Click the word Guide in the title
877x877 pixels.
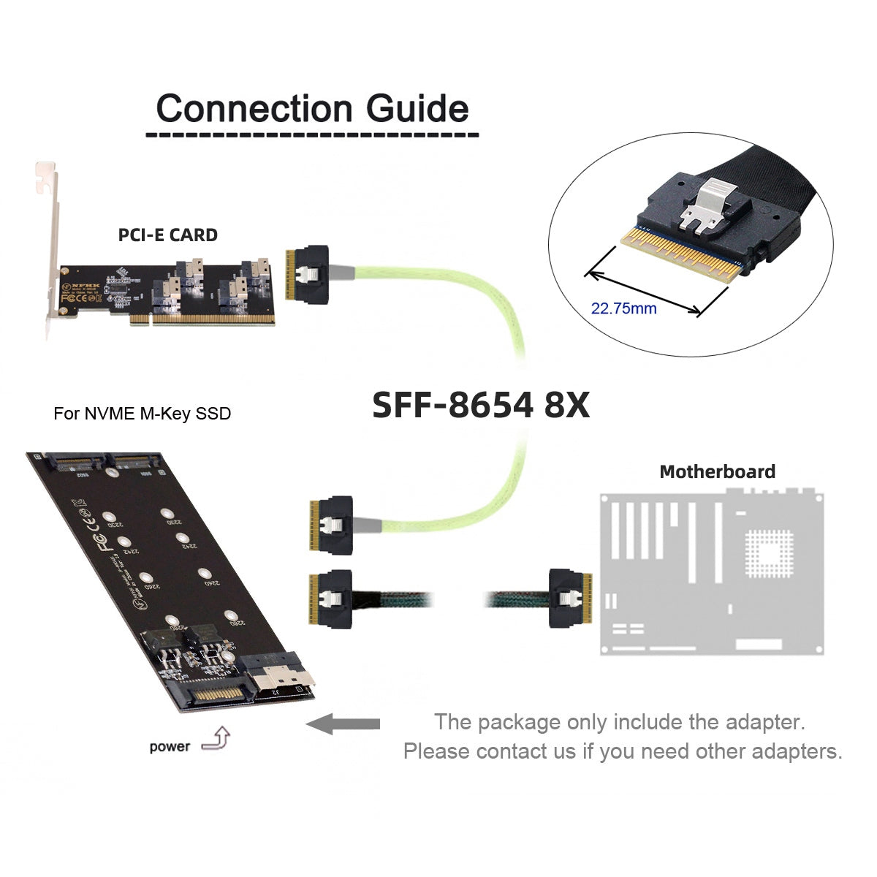coord(417,108)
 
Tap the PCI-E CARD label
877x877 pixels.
coord(167,235)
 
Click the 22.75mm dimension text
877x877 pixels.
coord(623,308)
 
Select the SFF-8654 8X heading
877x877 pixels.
coord(481,404)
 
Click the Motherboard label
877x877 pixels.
coord(717,471)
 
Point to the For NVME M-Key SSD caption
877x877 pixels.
coord(142,414)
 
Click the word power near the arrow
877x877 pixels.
coord(169,747)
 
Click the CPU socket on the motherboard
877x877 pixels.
coord(767,552)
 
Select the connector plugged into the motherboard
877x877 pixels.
coord(568,599)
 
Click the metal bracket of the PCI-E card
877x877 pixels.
coord(49,248)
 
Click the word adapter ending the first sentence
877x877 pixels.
coord(760,722)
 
